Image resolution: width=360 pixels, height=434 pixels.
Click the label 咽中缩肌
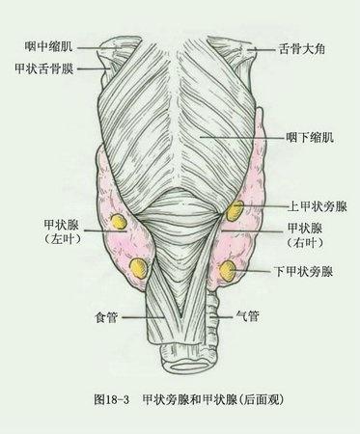(49, 47)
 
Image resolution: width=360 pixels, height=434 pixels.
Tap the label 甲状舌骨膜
(44, 68)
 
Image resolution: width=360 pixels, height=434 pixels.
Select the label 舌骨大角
(302, 49)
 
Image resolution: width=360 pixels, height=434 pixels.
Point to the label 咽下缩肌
(310, 138)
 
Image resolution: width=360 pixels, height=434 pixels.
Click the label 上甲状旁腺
(318, 206)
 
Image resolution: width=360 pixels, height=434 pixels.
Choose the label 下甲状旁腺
(303, 272)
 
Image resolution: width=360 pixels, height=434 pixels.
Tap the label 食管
(106, 317)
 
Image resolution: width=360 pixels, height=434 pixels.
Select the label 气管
(247, 316)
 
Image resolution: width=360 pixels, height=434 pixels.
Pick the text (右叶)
(305, 242)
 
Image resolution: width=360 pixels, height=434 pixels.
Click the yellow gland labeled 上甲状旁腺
(235, 210)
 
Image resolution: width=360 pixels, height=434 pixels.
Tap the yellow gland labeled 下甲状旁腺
(228, 270)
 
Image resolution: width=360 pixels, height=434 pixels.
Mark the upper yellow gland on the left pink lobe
(119, 222)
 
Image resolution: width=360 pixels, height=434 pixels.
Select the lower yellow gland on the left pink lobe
(139, 267)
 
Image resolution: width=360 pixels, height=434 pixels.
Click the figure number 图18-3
(111, 399)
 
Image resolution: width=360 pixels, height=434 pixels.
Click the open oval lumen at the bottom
(190, 366)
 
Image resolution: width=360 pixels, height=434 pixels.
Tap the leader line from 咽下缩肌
(242, 137)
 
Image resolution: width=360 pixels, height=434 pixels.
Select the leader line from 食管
(143, 317)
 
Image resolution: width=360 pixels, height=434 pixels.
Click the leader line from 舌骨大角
(263, 49)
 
